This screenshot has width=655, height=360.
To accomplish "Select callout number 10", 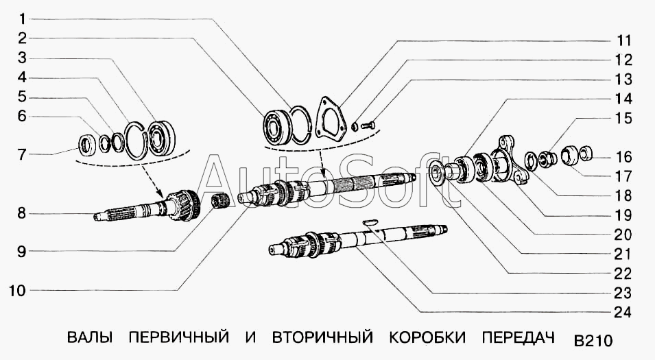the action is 18,291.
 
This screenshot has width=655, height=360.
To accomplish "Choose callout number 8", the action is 23,214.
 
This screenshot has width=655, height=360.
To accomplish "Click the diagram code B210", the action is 592,341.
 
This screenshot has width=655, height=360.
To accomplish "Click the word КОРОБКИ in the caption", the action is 427,338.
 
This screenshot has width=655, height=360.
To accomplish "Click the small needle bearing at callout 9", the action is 218,201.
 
